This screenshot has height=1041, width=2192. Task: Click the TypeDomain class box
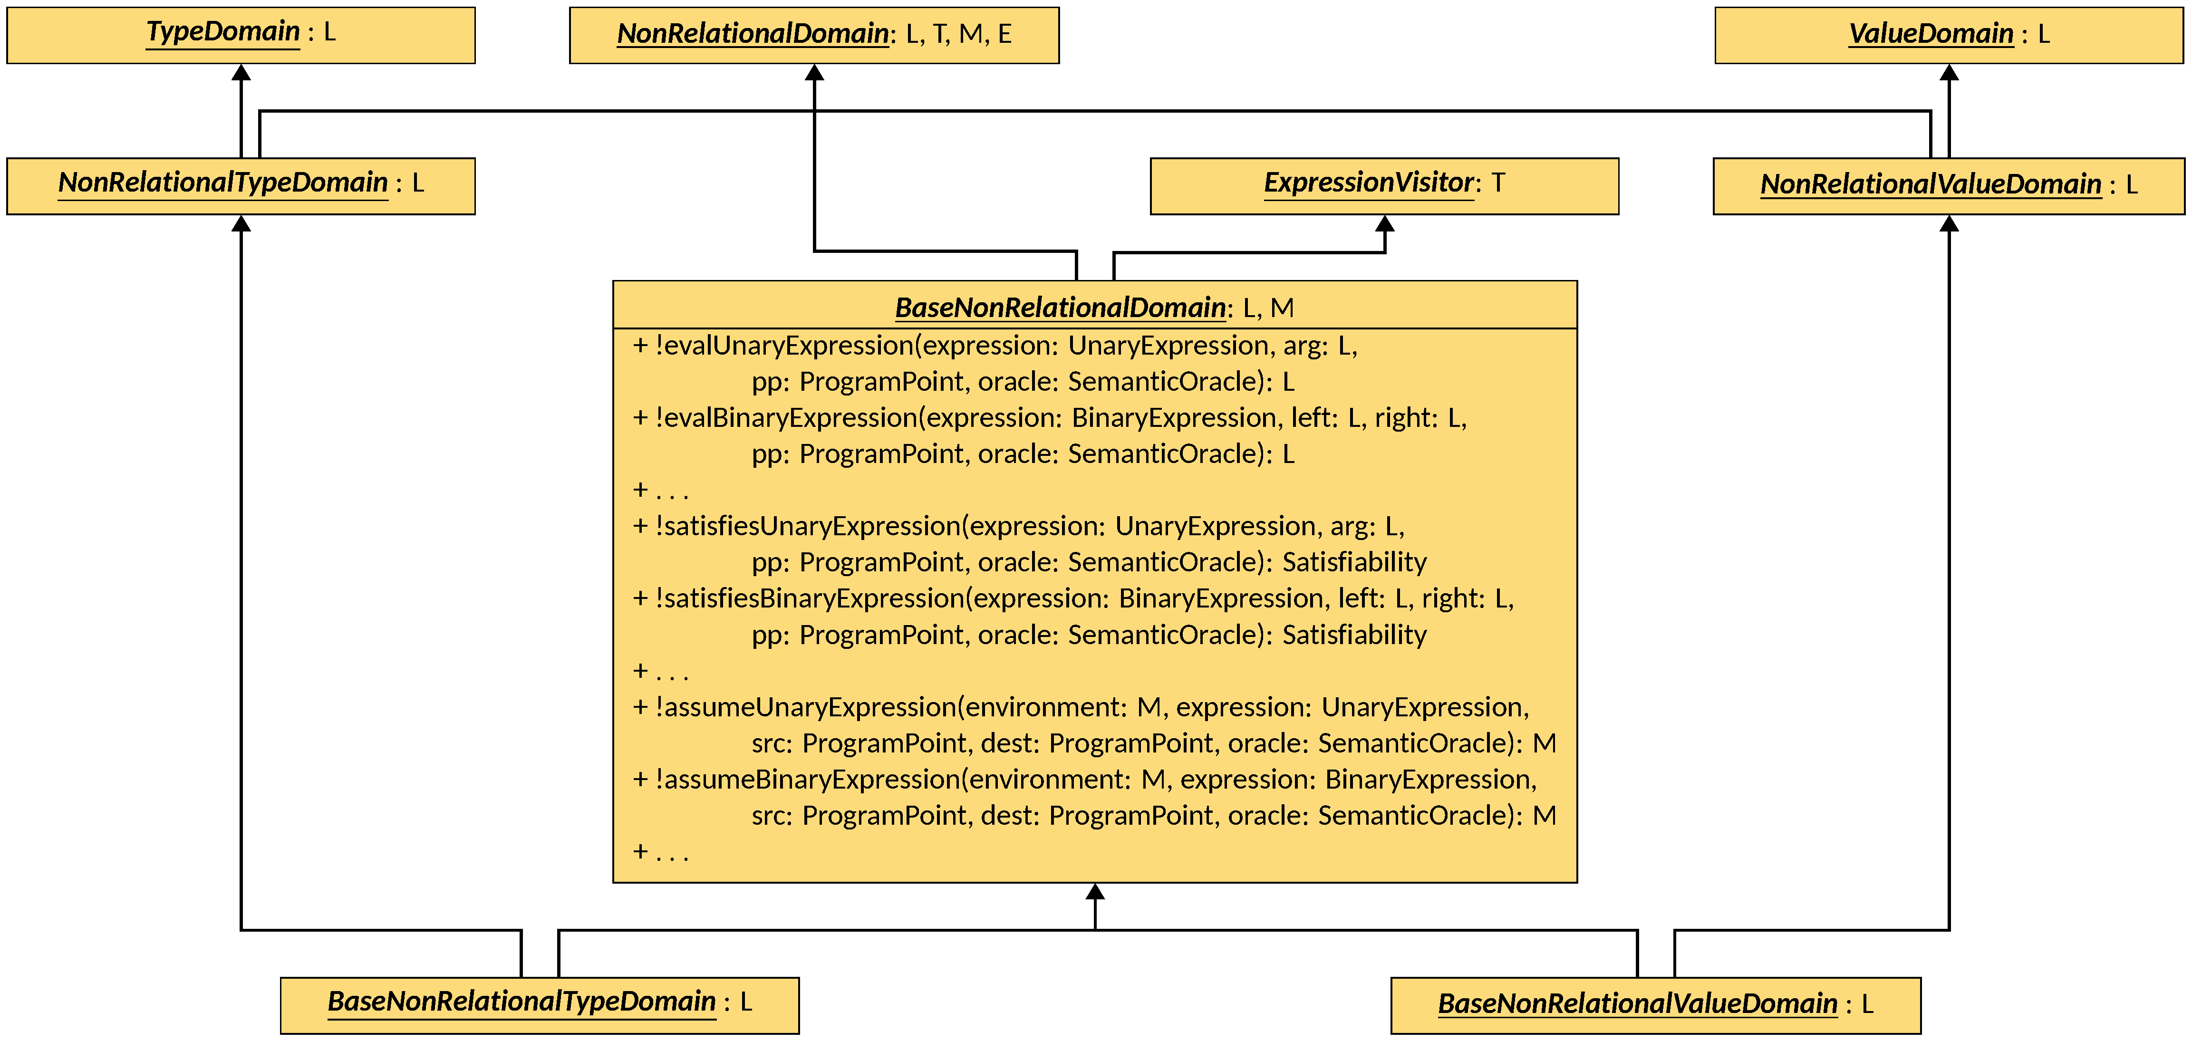tap(241, 35)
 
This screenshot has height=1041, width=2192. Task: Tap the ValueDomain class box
tap(1949, 35)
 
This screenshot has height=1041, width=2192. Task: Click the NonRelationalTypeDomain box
tap(241, 185)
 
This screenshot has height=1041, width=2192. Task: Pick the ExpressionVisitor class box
tap(1384, 185)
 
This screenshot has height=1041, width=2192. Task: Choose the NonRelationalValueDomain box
tap(1949, 185)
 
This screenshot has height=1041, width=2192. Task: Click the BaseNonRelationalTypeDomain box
tap(540, 1004)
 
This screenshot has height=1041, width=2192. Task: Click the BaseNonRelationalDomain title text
tap(1060, 307)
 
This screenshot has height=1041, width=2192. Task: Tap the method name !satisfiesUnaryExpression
tap(808, 526)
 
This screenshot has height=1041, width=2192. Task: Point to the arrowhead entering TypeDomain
tap(241, 73)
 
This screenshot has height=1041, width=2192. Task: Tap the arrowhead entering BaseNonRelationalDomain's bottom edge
tap(1095, 892)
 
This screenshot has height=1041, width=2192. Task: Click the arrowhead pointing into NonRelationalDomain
tap(814, 73)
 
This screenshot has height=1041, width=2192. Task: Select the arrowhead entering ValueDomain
tap(1949, 73)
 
